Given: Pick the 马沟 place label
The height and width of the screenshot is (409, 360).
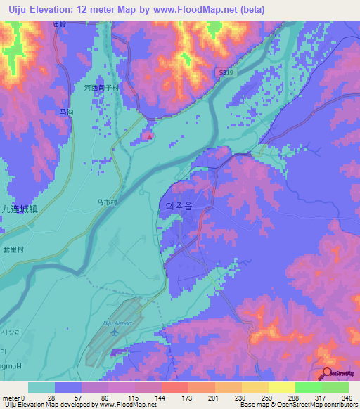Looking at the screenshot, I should coord(67,112).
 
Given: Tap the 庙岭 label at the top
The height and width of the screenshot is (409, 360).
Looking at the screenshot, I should coord(59,24).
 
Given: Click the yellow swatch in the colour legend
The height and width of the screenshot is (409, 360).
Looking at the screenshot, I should coord(281,387).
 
